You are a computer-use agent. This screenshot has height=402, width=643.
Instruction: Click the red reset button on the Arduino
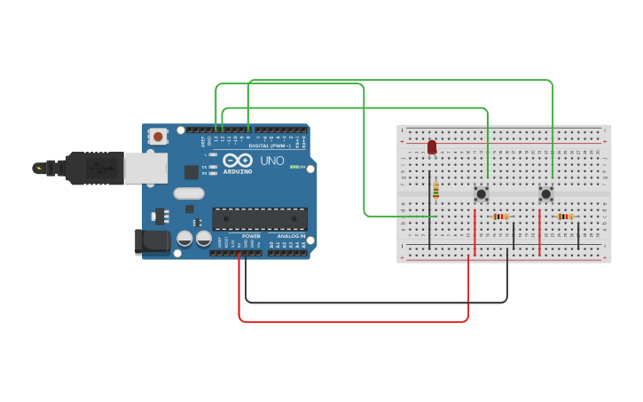(x=158, y=136)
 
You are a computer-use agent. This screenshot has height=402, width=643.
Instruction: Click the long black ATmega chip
(x=260, y=218)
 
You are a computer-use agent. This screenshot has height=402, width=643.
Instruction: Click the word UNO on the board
(x=271, y=161)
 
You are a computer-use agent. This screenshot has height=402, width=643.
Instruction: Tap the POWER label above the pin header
(x=251, y=236)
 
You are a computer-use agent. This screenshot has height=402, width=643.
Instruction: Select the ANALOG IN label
(x=291, y=236)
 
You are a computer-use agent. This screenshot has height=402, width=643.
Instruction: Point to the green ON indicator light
(x=294, y=167)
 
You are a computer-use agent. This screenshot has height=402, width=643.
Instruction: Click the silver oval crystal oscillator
(x=189, y=193)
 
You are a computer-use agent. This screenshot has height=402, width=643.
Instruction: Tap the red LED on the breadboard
(x=432, y=146)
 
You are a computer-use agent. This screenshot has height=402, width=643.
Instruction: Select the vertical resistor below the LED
(x=436, y=191)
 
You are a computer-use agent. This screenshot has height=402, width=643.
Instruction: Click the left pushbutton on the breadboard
(x=482, y=193)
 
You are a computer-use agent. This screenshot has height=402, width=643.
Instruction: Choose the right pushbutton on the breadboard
(x=546, y=193)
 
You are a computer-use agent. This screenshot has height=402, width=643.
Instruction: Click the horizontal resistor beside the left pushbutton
(x=500, y=217)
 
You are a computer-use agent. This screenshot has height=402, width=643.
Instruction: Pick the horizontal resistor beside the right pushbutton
(x=565, y=217)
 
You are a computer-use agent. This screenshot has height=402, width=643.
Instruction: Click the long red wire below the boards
(x=355, y=321)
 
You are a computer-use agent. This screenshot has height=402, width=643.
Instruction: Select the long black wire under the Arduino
(x=372, y=303)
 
